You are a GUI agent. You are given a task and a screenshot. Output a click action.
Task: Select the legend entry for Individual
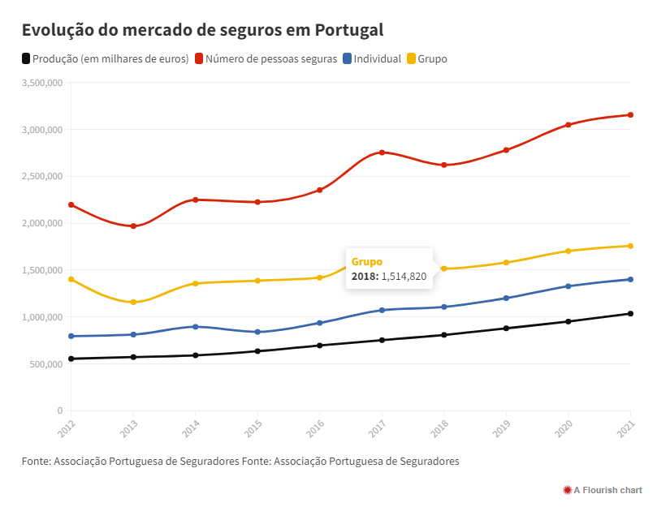(x=378, y=59)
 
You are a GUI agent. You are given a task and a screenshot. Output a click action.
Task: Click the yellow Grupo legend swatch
(x=411, y=59)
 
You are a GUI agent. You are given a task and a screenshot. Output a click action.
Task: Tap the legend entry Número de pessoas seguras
(x=271, y=59)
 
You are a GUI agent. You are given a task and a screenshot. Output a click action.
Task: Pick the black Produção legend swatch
(x=26, y=59)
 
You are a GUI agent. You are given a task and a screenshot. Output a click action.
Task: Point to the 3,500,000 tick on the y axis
(x=43, y=83)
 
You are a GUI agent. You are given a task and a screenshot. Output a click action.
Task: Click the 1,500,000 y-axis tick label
(x=43, y=270)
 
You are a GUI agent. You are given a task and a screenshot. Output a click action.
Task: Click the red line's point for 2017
(x=382, y=153)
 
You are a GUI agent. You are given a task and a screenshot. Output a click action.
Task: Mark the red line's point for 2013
(x=133, y=226)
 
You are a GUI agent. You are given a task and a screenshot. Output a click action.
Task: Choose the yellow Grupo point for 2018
(x=443, y=269)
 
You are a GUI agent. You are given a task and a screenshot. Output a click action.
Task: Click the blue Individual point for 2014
(x=195, y=327)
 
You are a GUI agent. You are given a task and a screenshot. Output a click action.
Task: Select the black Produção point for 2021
(x=630, y=314)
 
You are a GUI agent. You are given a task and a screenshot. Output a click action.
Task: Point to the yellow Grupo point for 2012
(x=71, y=279)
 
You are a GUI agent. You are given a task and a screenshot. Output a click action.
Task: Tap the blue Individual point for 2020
(x=568, y=286)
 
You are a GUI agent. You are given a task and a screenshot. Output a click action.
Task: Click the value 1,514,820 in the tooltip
(x=404, y=277)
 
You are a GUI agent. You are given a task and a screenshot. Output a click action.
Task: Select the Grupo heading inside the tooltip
(x=367, y=262)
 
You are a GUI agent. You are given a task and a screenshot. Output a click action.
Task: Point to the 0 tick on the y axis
(x=59, y=411)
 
